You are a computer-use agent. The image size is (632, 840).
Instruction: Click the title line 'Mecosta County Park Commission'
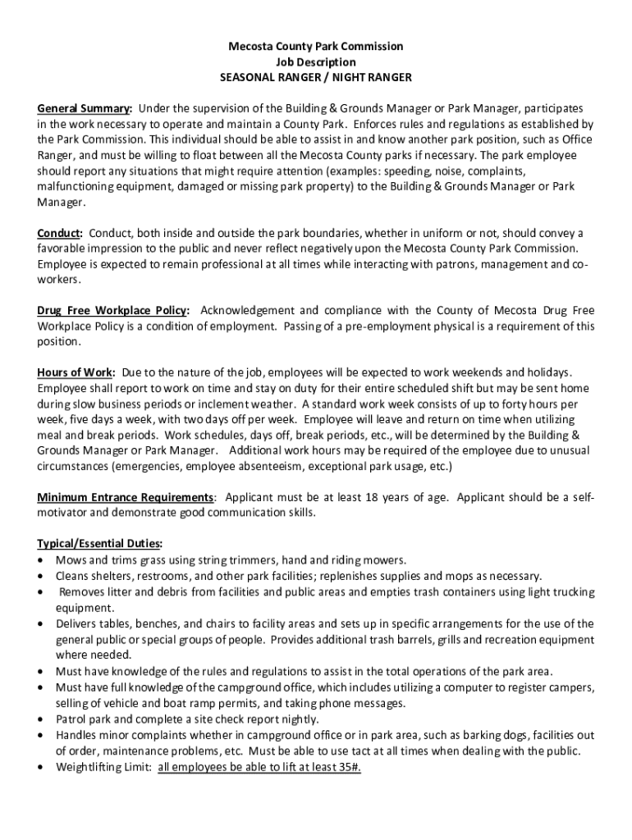[316, 47]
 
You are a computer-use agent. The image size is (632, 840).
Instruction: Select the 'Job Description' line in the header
[316, 62]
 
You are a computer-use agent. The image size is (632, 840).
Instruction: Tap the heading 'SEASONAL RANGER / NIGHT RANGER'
[316, 78]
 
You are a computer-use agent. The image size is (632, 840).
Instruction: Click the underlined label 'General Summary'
[84, 108]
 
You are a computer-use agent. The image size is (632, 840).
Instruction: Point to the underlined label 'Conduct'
[59, 233]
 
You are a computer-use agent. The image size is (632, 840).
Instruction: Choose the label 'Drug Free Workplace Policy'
[112, 311]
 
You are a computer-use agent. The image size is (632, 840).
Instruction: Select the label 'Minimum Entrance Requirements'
[126, 498]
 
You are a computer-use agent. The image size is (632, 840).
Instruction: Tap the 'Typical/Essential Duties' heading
[99, 545]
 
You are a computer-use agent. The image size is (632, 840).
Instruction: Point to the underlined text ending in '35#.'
[259, 767]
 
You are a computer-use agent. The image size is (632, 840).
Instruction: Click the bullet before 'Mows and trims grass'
[42, 561]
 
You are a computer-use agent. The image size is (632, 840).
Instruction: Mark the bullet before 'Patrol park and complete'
[42, 719]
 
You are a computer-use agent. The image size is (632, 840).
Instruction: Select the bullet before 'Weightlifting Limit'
[42, 767]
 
